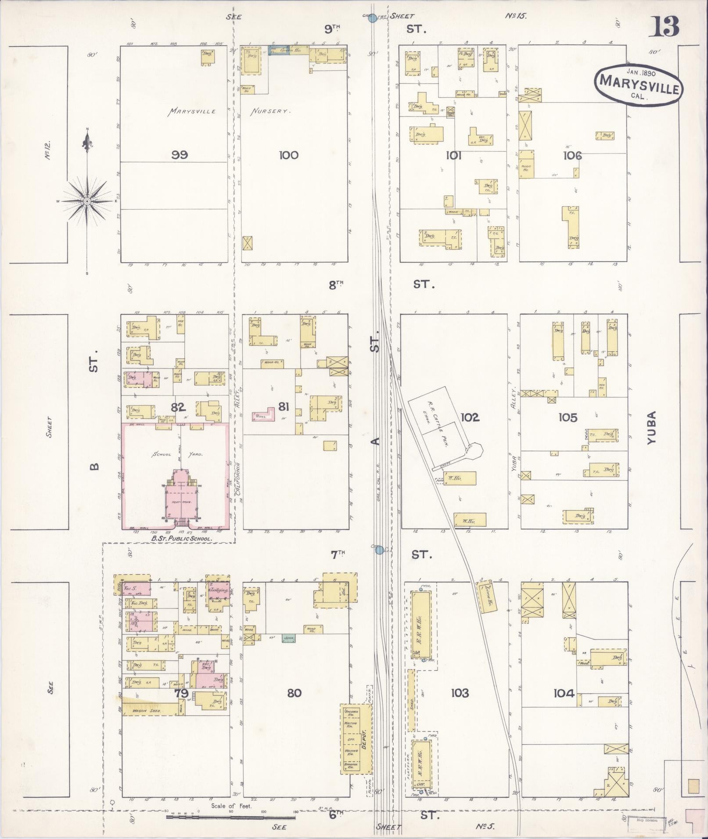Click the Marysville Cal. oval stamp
(x=637, y=86)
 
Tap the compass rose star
(x=87, y=201)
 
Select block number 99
(x=180, y=154)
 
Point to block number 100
(x=288, y=154)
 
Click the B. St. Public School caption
(x=181, y=538)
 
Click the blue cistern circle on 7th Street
(x=380, y=550)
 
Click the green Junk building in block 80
(x=288, y=639)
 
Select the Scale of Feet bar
(x=230, y=817)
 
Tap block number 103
(x=459, y=693)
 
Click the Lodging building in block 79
(x=218, y=590)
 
